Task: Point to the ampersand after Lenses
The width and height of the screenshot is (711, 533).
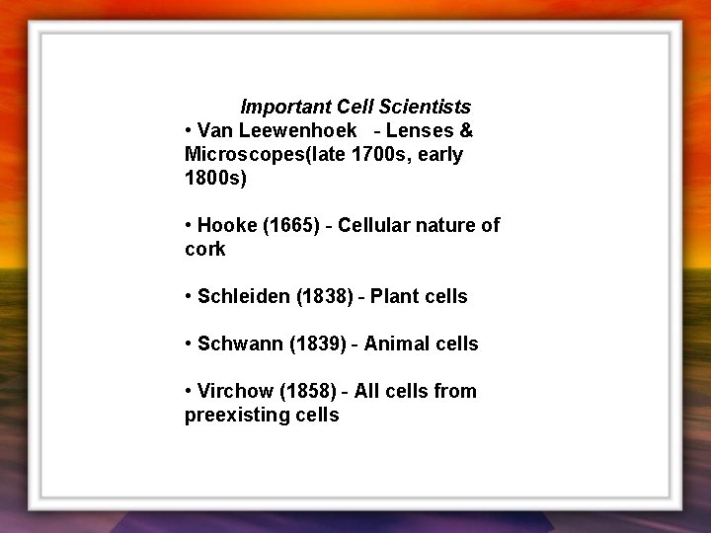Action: pyautogui.click(x=466, y=130)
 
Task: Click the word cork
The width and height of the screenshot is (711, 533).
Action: pyautogui.click(x=204, y=250)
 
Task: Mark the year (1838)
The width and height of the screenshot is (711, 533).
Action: pyautogui.click(x=325, y=296)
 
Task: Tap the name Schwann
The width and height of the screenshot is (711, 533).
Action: pyautogui.click(x=240, y=343)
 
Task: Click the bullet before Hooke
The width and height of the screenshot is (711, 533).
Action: pyautogui.click(x=188, y=226)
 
